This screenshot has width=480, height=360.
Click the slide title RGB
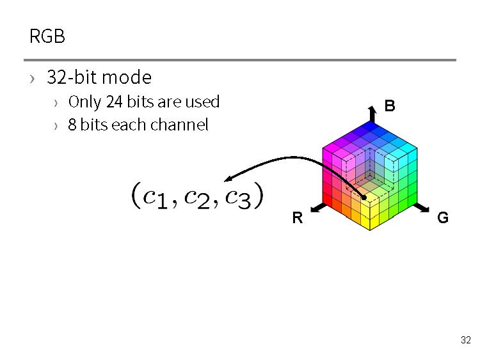(x=47, y=36)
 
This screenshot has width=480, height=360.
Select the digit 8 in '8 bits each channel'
(x=72, y=125)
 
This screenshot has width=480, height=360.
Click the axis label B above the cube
(x=390, y=106)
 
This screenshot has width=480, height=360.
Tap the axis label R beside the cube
(x=297, y=218)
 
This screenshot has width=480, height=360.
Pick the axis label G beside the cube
(x=442, y=218)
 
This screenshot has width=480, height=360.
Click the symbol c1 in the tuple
(x=156, y=196)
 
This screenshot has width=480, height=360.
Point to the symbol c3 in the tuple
(x=238, y=196)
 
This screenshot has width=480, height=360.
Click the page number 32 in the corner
(x=465, y=340)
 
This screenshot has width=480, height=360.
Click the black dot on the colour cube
(x=364, y=197)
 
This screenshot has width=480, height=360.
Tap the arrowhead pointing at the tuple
(x=227, y=180)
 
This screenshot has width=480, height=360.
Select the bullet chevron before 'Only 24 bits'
(x=56, y=103)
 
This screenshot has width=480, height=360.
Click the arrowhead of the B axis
(x=372, y=111)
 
